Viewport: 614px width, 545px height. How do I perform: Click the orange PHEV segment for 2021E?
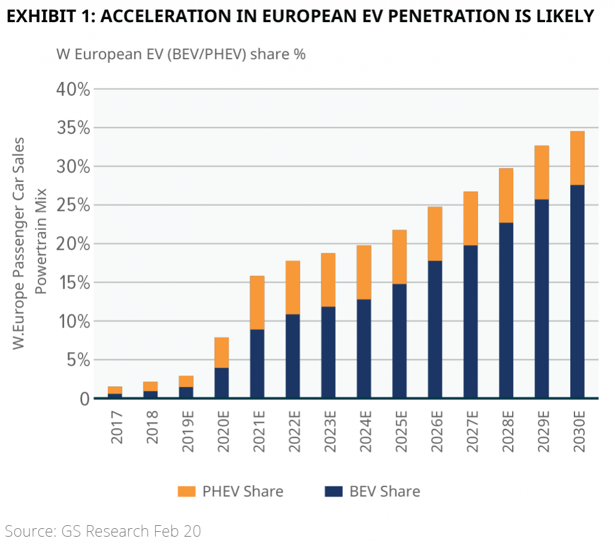click(257, 302)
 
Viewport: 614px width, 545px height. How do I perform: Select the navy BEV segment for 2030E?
click(577, 292)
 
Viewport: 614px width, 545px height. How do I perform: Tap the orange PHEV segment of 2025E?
click(399, 257)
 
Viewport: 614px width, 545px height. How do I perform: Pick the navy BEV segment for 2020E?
click(221, 383)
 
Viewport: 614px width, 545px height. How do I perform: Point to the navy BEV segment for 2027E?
click(470, 322)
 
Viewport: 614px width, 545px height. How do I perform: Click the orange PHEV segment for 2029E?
click(541, 172)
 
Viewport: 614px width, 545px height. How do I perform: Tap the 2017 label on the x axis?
click(116, 426)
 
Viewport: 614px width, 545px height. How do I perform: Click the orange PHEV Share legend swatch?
click(186, 492)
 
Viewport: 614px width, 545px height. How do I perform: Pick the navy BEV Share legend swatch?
click(333, 492)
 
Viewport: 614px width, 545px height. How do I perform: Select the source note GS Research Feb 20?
click(103, 530)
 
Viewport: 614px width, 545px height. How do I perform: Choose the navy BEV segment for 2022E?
click(293, 356)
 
